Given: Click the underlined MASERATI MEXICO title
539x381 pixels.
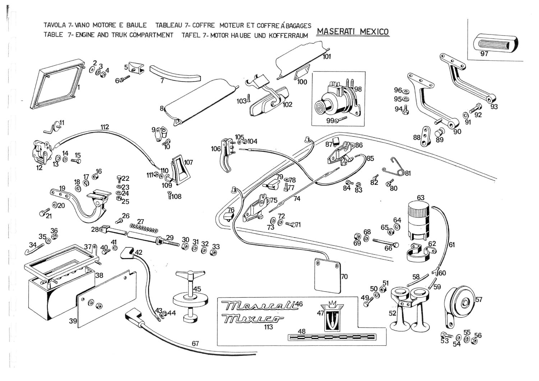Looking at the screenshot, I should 353,32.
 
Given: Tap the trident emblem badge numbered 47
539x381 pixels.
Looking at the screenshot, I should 330,316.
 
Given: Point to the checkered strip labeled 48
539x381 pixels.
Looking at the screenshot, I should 331,337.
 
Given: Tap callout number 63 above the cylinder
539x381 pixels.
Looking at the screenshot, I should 420,198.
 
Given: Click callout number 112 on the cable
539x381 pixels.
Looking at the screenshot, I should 105,127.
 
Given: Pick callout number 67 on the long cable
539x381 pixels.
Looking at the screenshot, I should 195,344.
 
